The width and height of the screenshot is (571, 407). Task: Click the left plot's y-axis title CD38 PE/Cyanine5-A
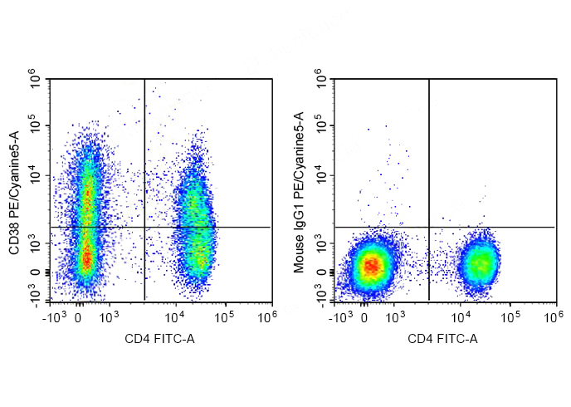[x=14, y=192]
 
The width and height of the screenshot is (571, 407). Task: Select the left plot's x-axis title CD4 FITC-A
[x=160, y=339]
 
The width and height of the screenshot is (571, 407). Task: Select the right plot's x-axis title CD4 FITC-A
[x=443, y=339]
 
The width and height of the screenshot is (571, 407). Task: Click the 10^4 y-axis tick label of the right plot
[x=321, y=175]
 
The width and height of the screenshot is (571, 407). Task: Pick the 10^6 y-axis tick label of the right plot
[x=321, y=80]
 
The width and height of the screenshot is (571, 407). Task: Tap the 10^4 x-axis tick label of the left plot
[x=174, y=316]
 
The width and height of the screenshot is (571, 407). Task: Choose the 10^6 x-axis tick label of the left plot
[x=266, y=316]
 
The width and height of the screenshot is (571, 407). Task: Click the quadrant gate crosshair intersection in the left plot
[x=144, y=227]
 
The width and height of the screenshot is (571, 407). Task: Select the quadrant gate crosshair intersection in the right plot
[x=429, y=227]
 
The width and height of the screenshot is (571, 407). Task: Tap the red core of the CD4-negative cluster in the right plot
[x=373, y=266]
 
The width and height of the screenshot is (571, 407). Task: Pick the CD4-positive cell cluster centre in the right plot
[x=481, y=264]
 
